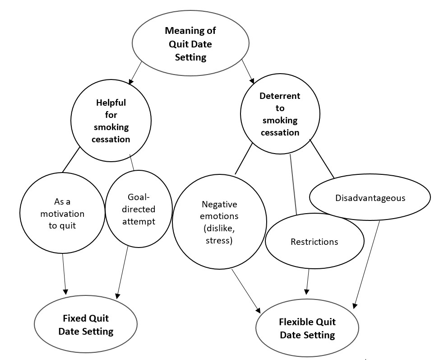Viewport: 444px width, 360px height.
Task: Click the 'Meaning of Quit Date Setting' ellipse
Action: point(190,44)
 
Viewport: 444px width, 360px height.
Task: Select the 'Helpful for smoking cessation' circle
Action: point(111,121)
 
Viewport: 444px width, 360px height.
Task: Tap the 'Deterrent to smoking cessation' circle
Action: point(280,114)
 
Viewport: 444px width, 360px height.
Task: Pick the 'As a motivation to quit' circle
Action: point(62,213)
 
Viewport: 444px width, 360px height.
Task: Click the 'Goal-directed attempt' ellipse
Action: point(139,209)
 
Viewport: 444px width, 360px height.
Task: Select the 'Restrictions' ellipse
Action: point(314,242)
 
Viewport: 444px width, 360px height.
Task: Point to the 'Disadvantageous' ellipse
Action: point(370,198)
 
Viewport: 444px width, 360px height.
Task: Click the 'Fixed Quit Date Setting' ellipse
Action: point(86,325)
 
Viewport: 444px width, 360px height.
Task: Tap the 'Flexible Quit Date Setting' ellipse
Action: point(307,328)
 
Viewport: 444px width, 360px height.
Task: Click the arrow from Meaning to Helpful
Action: point(135,73)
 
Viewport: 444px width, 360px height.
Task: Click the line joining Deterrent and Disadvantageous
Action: point(322,159)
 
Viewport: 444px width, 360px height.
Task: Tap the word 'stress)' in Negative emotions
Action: point(219,240)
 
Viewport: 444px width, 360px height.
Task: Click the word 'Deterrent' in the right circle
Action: point(280,96)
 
